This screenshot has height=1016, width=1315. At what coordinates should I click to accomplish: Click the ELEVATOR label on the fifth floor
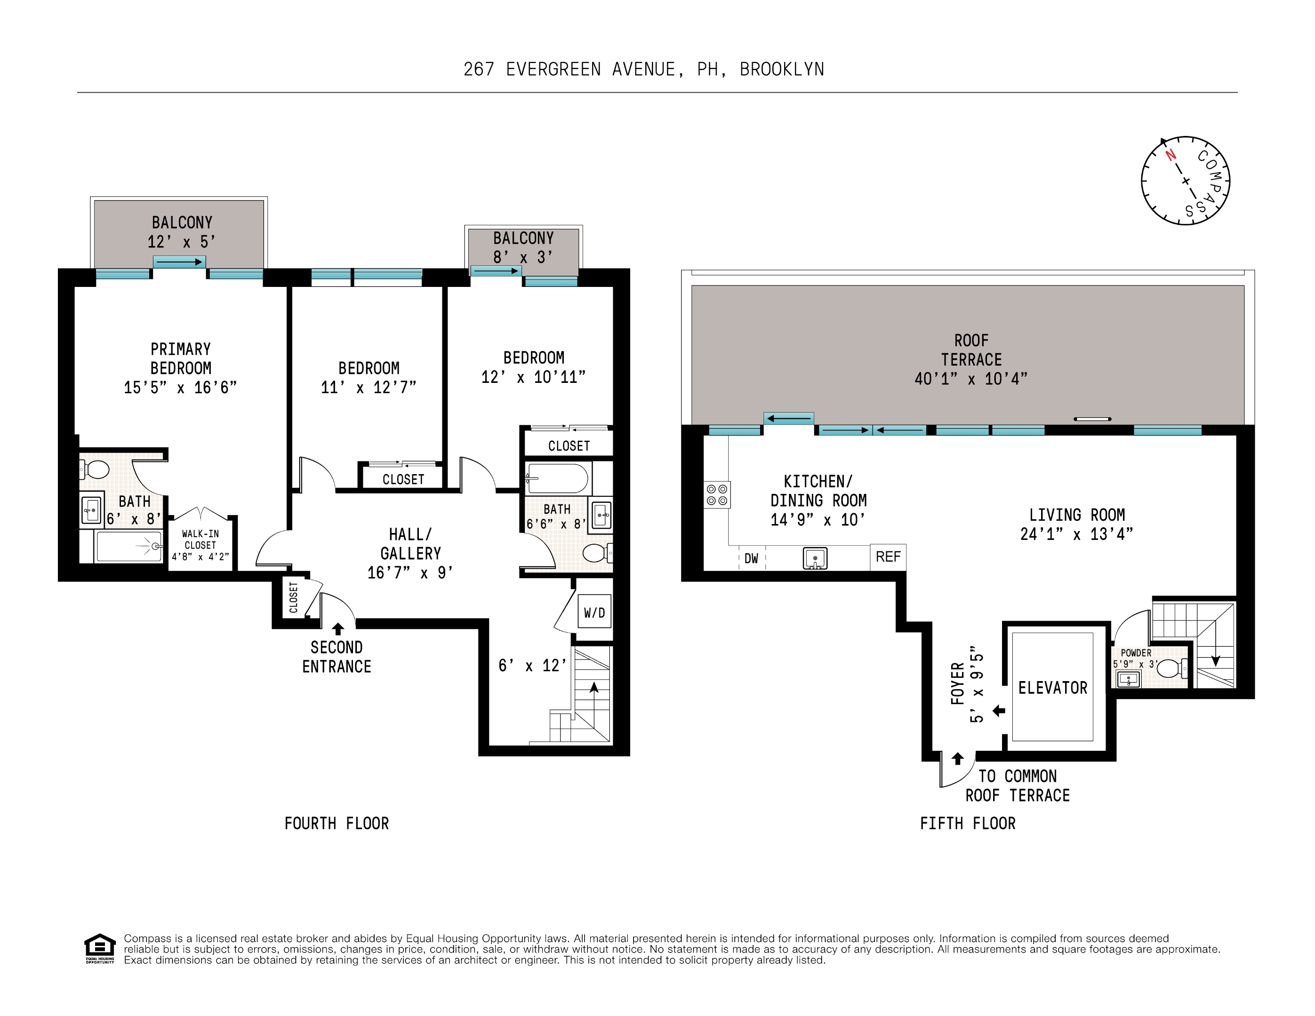[x=1052, y=688]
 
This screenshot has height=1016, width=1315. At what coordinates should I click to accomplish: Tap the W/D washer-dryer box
[x=594, y=611]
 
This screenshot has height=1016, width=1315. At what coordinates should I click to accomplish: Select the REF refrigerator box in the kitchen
[x=888, y=557]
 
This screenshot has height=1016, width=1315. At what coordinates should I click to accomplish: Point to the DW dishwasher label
[x=752, y=558]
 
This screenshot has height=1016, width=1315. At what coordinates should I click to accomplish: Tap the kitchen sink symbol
[x=815, y=558]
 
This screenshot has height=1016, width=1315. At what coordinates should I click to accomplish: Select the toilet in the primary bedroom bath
[x=95, y=469]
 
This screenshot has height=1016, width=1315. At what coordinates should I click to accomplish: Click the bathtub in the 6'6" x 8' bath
[x=557, y=478]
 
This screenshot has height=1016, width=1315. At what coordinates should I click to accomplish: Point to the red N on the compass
[x=1171, y=155]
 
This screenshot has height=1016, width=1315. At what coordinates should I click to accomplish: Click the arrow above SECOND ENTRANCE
[x=338, y=628]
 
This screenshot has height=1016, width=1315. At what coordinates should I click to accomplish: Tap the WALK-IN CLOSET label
[x=200, y=540]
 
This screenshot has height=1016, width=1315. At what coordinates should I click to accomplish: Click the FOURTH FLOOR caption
[x=337, y=824]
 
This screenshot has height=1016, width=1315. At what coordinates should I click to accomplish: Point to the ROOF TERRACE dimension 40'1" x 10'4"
[x=970, y=379]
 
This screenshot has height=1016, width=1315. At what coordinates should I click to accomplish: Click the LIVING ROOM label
[x=1076, y=515]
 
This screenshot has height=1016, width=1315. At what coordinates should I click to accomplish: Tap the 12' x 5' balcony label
[x=181, y=242]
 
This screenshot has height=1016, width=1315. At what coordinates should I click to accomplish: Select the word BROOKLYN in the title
[x=782, y=70]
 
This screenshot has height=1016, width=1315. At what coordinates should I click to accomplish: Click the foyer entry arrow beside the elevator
[x=999, y=711]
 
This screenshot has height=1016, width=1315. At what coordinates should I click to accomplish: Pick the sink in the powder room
[x=1128, y=680]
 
